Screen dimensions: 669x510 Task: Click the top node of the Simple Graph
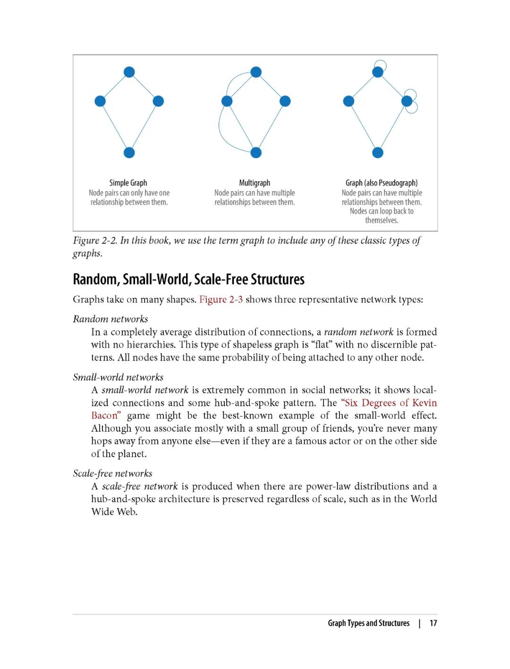[129, 72]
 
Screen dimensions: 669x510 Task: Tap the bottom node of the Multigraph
[256, 153]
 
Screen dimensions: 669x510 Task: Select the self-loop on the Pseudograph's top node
[381, 65]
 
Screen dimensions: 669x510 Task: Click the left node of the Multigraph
[227, 101]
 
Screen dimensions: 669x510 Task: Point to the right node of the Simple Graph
[158, 101]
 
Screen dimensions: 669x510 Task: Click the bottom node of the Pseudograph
[378, 153]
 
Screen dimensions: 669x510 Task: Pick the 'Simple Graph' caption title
[128, 183]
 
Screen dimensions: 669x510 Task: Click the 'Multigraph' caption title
[255, 183]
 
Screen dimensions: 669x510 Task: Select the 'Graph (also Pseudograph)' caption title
[382, 183]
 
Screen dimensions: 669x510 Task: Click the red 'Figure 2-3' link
[221, 300]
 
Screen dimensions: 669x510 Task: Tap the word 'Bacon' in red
[104, 416]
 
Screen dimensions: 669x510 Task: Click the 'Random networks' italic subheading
[110, 319]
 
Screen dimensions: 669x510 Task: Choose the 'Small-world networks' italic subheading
[118, 377]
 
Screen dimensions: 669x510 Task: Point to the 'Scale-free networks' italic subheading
[112, 474]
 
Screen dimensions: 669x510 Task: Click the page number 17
[433, 623]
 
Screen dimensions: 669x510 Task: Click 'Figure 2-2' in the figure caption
[95, 241]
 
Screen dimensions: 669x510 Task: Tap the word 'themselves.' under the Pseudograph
[382, 220]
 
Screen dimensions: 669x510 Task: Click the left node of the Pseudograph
[348, 101]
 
